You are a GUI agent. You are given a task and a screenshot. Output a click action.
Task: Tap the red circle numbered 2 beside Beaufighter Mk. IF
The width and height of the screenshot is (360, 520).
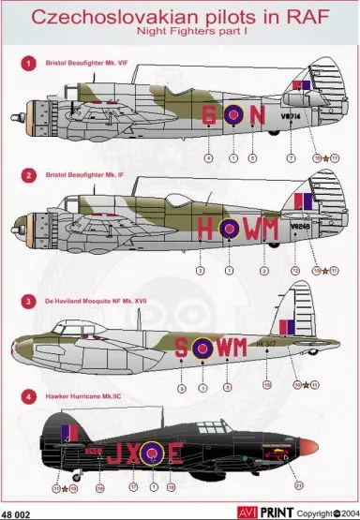[28, 175]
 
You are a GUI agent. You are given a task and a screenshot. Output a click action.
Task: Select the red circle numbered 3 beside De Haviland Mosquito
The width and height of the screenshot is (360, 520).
[28, 304]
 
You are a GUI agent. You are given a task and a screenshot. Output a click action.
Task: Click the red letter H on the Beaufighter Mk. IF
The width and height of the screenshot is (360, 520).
[206, 228]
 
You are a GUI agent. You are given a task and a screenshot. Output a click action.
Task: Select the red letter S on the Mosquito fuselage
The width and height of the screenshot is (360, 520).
[180, 349]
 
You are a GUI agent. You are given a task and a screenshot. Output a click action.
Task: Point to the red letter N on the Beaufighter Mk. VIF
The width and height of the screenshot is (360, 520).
[254, 115]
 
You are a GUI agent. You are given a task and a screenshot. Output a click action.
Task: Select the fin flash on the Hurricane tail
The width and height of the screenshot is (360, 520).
[67, 434]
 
